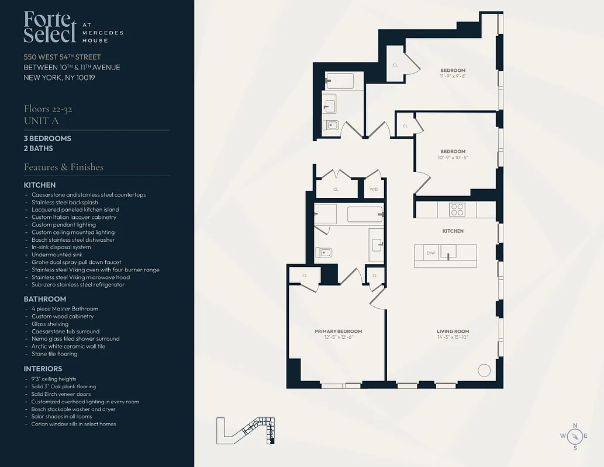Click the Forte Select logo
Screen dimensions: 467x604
click(x=50, y=27)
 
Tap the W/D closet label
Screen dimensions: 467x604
click(x=373, y=189)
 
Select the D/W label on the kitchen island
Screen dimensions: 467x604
click(x=430, y=253)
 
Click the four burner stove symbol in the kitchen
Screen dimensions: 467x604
click(x=456, y=209)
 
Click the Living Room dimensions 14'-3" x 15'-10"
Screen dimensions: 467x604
click(x=453, y=337)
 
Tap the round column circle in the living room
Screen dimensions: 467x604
click(x=484, y=371)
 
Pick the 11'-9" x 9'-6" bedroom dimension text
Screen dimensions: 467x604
click(x=453, y=76)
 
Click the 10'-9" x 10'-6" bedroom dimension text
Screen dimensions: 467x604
click(x=453, y=157)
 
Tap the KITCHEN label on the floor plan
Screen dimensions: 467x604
click(x=453, y=231)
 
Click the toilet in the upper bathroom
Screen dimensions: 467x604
click(x=331, y=124)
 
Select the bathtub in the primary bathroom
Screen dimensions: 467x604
click(x=365, y=214)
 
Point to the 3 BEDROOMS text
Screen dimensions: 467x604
click(x=47, y=138)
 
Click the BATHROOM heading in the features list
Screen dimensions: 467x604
click(x=45, y=299)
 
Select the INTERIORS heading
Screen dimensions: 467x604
click(x=43, y=369)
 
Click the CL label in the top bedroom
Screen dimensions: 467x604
click(x=395, y=65)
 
